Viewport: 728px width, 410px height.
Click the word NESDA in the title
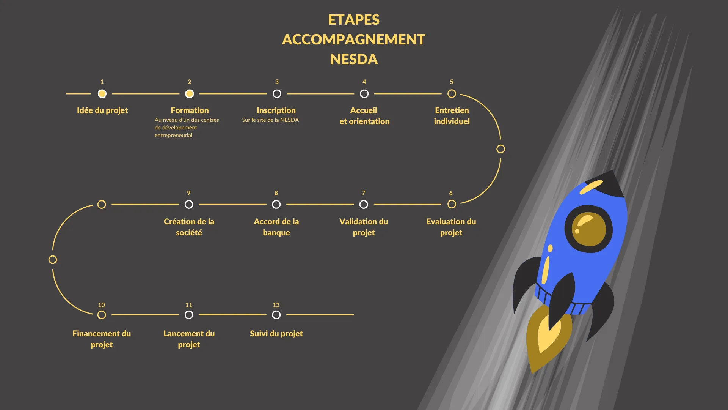tap(354, 59)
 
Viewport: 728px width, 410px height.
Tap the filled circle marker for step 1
tap(102, 94)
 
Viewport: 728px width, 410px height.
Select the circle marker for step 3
tap(277, 94)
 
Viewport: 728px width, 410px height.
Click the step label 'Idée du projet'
tap(102, 110)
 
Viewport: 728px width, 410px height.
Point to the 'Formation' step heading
tap(190, 110)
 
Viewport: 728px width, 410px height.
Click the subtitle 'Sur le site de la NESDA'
tap(270, 120)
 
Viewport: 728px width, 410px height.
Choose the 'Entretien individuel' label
tap(452, 116)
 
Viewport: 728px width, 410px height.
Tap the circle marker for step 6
tap(452, 204)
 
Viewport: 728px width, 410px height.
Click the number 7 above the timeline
tap(363, 193)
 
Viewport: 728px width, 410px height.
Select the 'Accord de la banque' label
tap(276, 227)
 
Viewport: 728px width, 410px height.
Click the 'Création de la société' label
tap(189, 227)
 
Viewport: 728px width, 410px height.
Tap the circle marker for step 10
tap(102, 315)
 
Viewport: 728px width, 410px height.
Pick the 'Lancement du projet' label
tap(189, 339)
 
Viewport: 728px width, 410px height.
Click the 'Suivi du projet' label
tap(276, 334)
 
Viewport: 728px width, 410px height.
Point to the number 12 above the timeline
tap(276, 305)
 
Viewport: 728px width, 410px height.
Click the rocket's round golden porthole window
tap(588, 229)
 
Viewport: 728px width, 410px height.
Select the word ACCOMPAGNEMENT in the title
tap(354, 39)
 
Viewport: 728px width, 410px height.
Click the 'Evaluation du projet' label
tap(451, 227)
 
